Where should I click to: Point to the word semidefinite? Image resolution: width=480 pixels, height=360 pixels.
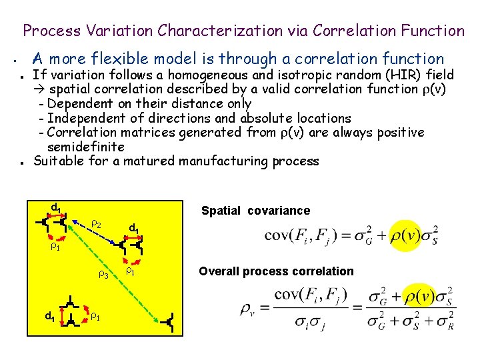click(x=86, y=147)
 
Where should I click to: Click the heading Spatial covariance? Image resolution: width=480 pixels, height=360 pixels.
click(x=255, y=211)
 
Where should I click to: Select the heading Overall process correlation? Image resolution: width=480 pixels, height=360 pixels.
click(x=276, y=271)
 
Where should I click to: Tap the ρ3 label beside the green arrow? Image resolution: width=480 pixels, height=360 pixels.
click(x=103, y=274)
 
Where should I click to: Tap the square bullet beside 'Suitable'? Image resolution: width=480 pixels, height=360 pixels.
click(x=23, y=162)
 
